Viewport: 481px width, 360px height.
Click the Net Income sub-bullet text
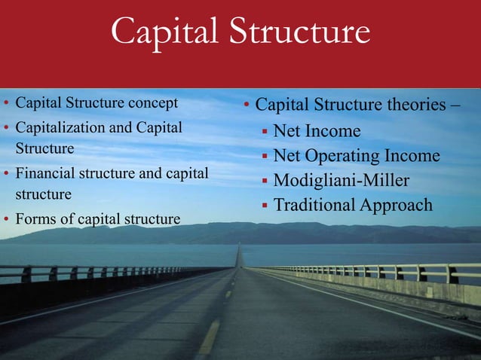tap(317, 132)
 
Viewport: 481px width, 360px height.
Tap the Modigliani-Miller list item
tap(342, 181)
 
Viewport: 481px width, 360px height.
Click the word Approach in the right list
tap(397, 205)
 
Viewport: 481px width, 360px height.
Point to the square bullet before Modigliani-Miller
tap(265, 182)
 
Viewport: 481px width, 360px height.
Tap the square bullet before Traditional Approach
tap(265, 206)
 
